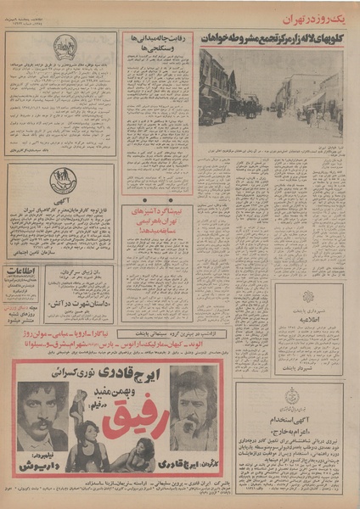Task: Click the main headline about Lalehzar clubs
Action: click(x=272, y=38)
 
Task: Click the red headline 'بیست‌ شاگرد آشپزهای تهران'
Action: click(x=158, y=215)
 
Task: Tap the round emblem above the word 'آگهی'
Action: click(x=63, y=180)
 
